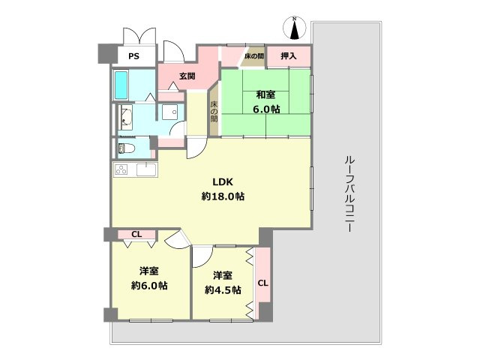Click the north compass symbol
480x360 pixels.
295,28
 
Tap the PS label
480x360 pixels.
133,56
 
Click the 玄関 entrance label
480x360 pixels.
187,75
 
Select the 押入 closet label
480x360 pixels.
288,56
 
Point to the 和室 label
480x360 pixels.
266,95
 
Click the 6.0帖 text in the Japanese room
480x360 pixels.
266,109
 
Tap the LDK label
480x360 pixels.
223,181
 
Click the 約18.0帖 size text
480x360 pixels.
223,196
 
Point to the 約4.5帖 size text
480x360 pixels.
223,289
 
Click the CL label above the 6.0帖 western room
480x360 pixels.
136,235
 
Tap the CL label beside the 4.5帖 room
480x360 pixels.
262,283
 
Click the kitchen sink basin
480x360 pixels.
145,170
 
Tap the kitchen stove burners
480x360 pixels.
122,170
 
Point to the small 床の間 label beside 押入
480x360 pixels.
254,56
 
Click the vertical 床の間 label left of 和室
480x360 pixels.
214,112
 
